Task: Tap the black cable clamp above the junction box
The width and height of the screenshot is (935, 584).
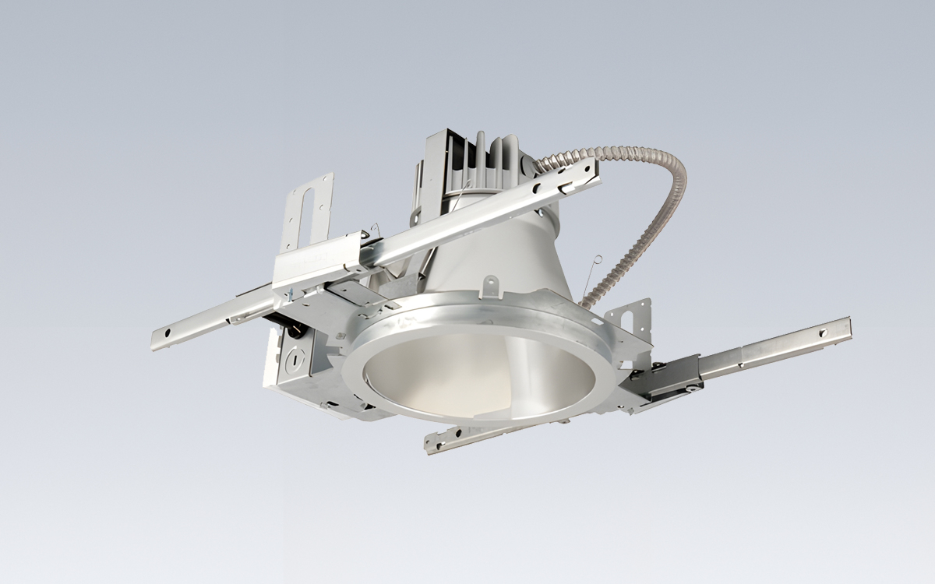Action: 273,321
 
